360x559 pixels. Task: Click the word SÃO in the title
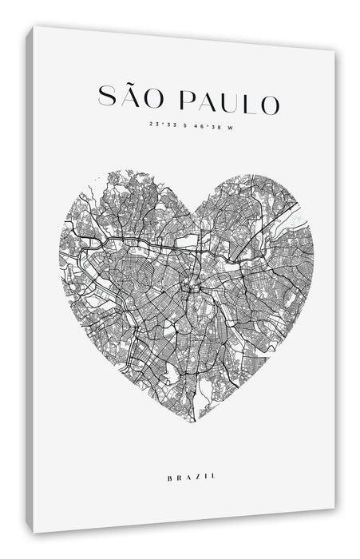pos(132,101)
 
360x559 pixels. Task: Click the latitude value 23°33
pos(160,125)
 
